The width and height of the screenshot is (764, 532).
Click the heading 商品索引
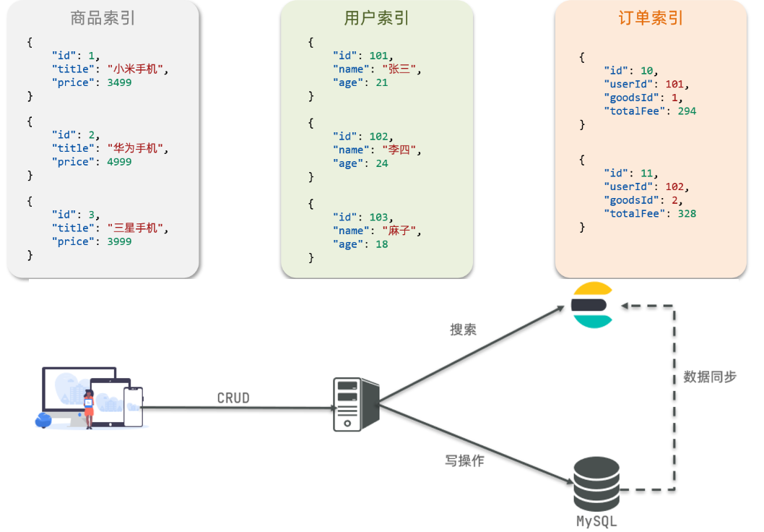[103, 18]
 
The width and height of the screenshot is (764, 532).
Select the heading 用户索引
[376, 18]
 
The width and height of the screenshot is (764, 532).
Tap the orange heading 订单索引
[651, 18]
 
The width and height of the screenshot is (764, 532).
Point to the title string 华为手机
[136, 148]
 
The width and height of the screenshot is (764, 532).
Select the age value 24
[381, 163]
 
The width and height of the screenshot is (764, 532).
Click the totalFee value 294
[687, 111]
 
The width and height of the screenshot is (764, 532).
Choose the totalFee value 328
[687, 213]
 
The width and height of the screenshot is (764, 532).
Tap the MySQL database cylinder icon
[596, 485]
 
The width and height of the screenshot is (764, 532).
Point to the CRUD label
[233, 398]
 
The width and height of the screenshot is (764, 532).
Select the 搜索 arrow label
[463, 330]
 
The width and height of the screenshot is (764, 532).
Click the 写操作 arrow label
[464, 460]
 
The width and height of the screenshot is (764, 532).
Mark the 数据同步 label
[710, 377]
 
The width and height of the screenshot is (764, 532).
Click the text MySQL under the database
[596, 521]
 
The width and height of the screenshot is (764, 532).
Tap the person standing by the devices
[90, 408]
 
